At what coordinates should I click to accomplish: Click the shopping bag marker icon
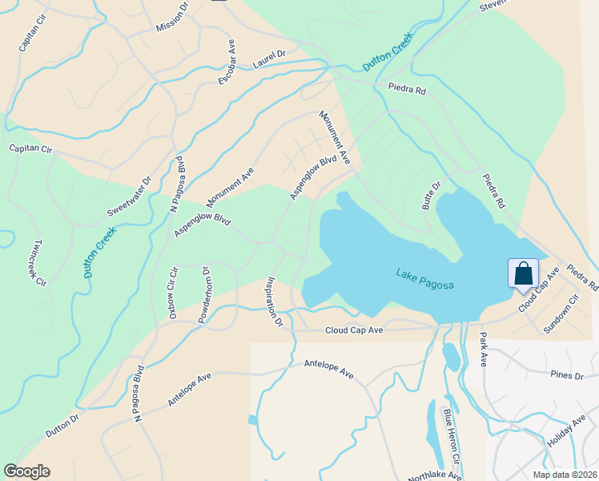point(523,273)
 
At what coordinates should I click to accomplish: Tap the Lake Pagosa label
point(424,280)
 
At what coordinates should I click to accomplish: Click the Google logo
point(26,471)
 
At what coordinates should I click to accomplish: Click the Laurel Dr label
point(269,59)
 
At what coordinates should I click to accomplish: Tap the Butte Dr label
point(432,196)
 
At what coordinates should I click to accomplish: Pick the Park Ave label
point(483,350)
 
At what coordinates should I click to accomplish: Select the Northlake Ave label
point(434,475)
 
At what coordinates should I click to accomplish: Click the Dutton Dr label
point(62,425)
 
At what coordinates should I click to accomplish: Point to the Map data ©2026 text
point(564,475)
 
